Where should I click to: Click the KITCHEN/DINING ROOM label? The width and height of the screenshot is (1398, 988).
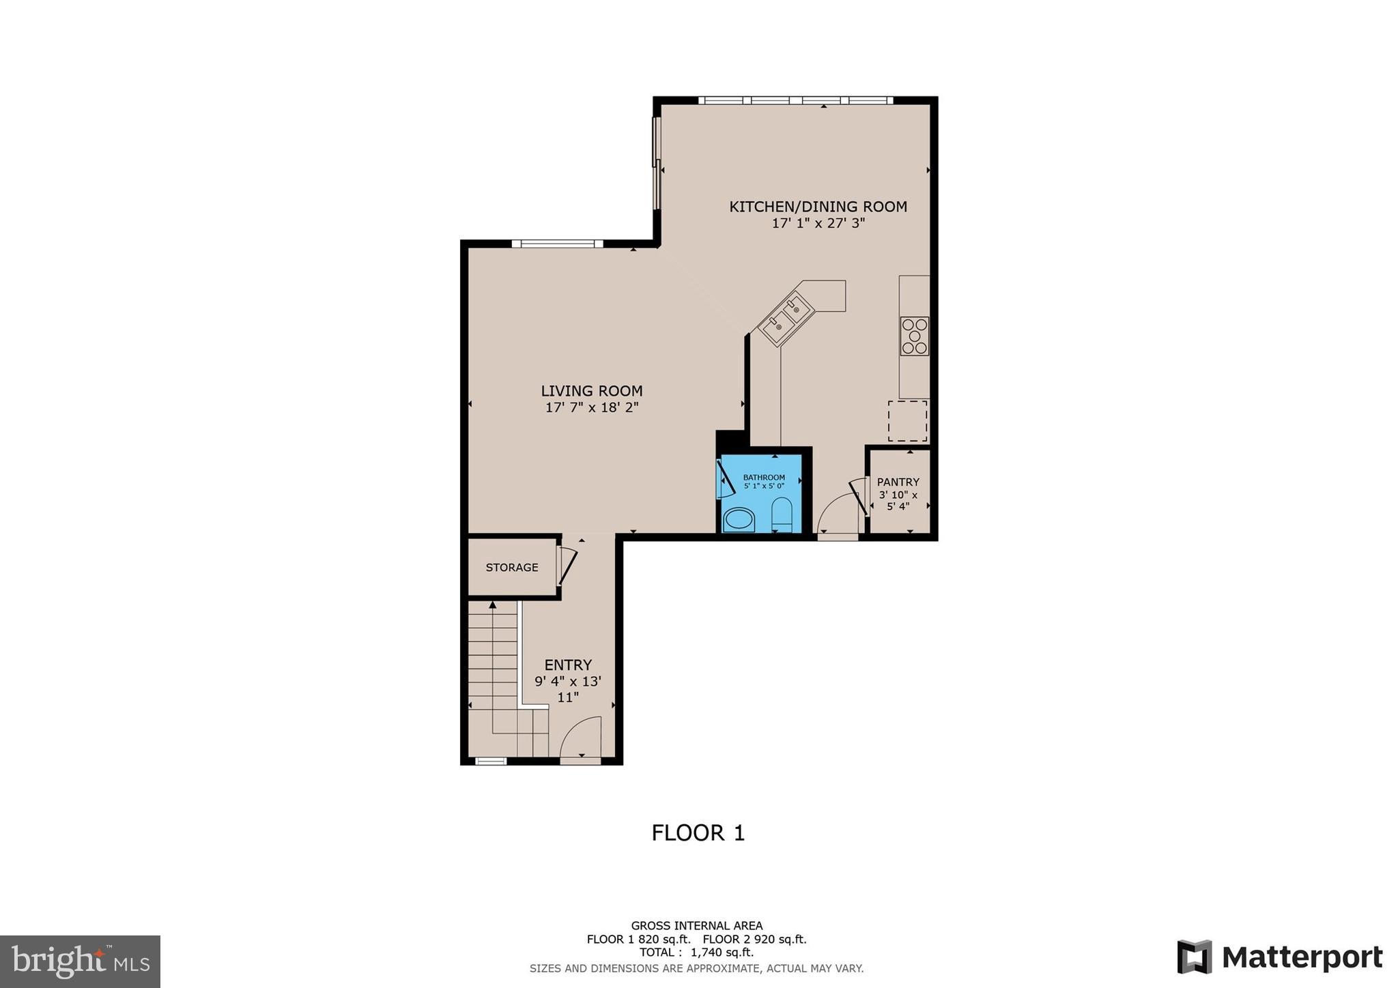818,207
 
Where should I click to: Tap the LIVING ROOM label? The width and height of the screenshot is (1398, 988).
591,391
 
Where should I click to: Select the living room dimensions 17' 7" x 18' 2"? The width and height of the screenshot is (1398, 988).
591,408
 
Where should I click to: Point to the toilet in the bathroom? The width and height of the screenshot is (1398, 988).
781,515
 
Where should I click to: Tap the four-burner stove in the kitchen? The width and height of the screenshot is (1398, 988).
914,336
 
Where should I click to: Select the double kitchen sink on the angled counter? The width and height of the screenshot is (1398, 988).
786,318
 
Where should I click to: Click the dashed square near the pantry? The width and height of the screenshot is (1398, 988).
907,421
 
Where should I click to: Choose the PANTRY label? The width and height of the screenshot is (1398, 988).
898,482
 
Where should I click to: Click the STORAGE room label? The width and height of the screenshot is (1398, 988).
512,568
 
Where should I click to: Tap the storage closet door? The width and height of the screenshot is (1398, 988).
567,566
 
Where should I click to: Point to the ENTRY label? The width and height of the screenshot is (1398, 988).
568,665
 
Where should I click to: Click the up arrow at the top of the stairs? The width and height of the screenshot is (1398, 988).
492,605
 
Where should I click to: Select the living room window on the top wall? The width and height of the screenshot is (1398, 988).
557,244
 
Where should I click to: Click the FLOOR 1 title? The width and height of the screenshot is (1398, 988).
698,833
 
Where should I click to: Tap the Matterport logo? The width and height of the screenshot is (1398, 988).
1280,957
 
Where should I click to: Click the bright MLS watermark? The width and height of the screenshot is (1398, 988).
80,961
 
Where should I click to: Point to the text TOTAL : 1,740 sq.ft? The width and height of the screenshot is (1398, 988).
696,953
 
